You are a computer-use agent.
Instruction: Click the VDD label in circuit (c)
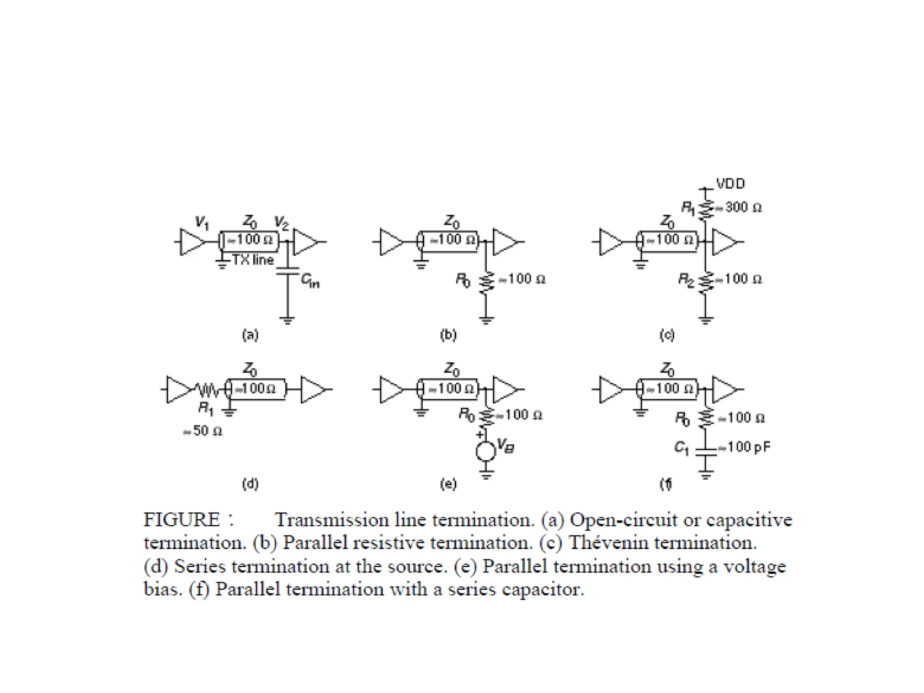tap(730, 184)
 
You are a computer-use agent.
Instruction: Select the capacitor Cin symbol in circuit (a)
tap(287, 271)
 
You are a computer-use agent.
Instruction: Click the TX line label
tap(253, 260)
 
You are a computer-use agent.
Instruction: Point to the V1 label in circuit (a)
tap(202, 222)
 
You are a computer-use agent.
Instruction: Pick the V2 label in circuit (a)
tap(282, 222)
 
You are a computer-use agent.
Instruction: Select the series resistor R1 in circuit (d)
tap(207, 389)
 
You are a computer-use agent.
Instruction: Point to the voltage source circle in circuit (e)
tap(486, 452)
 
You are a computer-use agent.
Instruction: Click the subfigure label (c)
tap(667, 335)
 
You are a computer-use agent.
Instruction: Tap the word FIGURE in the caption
tap(181, 520)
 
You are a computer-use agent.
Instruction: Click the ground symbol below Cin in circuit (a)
tap(287, 321)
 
